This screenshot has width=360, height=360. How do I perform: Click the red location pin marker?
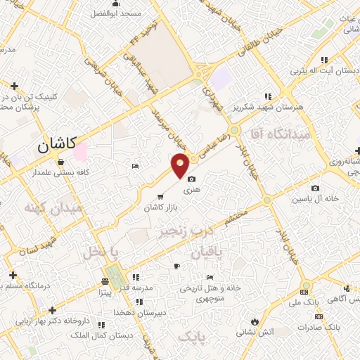(x=181, y=165)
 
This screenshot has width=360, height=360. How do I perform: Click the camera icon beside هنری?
(x=191, y=180)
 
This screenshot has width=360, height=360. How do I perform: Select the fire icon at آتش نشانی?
(x=253, y=322)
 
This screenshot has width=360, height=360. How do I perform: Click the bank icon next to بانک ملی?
(x=304, y=291)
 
